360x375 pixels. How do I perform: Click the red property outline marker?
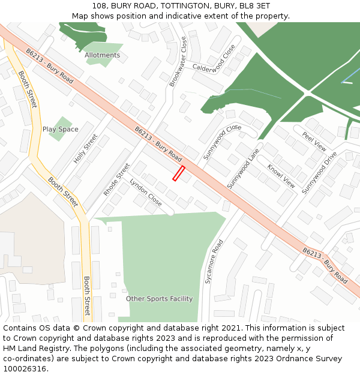[178, 173]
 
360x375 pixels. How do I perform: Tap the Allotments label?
[102, 55]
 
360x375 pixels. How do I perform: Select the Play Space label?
[60, 130]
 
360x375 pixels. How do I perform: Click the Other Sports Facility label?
[159, 299]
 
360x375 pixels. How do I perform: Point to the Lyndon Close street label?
[146, 192]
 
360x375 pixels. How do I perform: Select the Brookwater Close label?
[178, 62]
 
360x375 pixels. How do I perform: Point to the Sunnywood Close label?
[221, 142]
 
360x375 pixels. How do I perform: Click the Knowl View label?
[281, 176]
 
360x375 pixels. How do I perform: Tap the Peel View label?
[314, 141]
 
